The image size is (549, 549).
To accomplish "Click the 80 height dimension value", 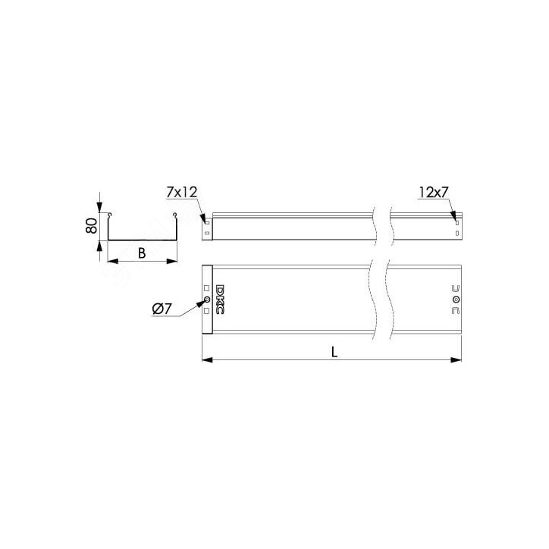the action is (x=92, y=226).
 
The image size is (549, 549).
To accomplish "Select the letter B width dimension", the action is (x=142, y=253).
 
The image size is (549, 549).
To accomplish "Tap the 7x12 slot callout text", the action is (x=182, y=192).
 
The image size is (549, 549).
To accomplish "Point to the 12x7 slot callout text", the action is (x=434, y=192).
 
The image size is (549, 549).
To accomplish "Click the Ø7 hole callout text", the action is (x=162, y=309).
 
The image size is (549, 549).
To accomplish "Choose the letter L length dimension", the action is (x=334, y=353).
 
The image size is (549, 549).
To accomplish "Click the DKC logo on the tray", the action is (x=220, y=299).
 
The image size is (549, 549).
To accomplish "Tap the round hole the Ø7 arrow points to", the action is (x=206, y=300).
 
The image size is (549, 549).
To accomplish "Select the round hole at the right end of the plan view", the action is (x=456, y=300).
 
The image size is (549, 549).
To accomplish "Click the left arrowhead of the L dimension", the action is (x=207, y=359).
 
